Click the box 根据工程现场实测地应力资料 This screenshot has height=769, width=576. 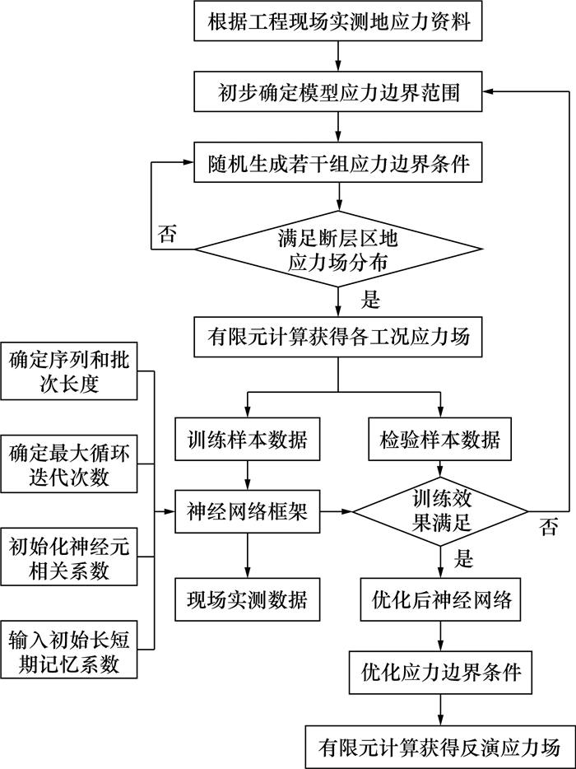(338, 22)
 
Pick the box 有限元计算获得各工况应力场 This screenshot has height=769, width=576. (338, 336)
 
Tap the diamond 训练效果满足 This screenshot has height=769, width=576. (440, 513)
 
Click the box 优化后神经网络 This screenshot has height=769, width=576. (440, 599)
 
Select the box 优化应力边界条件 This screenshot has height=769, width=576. (440, 672)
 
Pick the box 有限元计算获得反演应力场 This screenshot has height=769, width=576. (440, 747)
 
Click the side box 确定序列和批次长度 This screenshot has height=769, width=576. (69, 372)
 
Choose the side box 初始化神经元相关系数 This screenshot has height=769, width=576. (69, 557)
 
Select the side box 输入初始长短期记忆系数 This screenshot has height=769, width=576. (69, 650)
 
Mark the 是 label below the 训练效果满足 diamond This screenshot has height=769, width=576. (464, 561)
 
